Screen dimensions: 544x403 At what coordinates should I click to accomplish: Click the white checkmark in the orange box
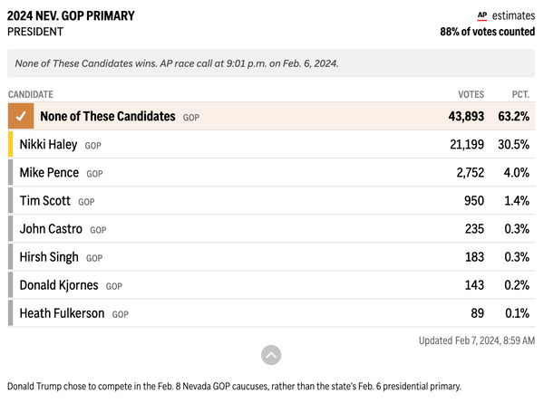(21, 116)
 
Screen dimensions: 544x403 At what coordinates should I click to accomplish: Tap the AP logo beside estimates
(482, 16)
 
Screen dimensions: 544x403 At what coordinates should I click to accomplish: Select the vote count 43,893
(466, 117)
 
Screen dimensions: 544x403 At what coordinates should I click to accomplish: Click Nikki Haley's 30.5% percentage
(513, 145)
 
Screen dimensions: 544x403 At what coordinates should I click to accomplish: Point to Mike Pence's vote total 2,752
(470, 173)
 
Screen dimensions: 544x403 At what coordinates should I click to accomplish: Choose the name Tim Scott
(45, 201)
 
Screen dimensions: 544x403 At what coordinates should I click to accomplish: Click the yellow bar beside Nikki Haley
(10, 144)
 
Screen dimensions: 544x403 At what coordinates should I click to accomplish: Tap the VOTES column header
(471, 94)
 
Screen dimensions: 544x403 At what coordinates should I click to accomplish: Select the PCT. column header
(520, 94)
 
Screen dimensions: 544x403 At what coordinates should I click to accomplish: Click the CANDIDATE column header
(31, 94)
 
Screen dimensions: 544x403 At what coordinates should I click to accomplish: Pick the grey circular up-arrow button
(271, 355)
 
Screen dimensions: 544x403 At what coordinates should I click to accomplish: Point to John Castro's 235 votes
(474, 229)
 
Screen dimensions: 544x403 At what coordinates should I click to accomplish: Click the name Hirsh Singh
(49, 257)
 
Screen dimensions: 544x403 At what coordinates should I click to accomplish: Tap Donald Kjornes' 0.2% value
(517, 285)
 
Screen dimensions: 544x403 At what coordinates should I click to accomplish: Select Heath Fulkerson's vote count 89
(478, 313)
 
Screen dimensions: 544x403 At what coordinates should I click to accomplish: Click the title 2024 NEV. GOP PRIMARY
(71, 16)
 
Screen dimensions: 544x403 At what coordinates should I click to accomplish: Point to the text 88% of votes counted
(488, 32)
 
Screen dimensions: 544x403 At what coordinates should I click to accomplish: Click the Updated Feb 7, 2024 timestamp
(477, 341)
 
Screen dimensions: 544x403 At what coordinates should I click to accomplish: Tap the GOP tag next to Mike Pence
(94, 174)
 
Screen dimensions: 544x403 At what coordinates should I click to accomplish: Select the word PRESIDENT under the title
(35, 32)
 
